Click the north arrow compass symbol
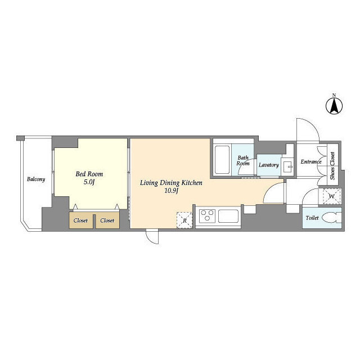[334, 106]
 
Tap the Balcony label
[36, 179]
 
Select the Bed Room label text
[89, 174]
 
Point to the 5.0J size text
[89, 182]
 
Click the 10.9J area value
[171, 191]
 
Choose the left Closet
[81, 220]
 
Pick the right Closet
[107, 220]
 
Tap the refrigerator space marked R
[184, 220]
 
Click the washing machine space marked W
[332, 196]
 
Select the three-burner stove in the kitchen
[207, 216]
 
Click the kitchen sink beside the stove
[228, 216]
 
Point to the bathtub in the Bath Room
[222, 160]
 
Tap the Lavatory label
[269, 165]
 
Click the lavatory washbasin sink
[287, 166]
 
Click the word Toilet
[312, 218]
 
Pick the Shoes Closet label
[332, 166]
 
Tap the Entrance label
[311, 161]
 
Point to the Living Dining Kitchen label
[171, 183]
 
